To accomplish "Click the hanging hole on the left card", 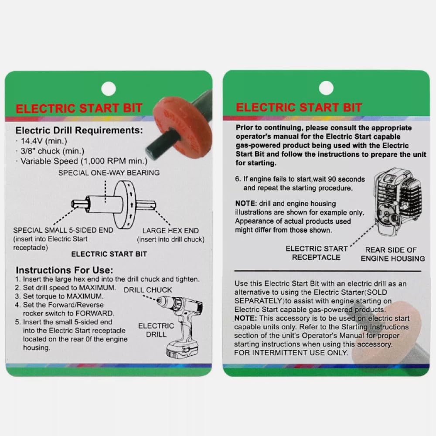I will (109, 89).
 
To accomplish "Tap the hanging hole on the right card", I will (326, 88).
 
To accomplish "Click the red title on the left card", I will (79, 109).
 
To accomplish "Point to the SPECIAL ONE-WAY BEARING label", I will (109, 173).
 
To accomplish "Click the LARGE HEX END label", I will (170, 231).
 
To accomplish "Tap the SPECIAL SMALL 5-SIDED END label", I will (63, 230).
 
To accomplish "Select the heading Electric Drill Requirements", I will (78, 130).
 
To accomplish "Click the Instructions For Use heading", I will (65, 270).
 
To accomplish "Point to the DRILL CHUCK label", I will (148, 290).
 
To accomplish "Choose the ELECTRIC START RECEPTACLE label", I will (317, 253).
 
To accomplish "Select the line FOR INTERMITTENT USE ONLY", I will (291, 353).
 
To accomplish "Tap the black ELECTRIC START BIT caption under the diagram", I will (109, 254).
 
